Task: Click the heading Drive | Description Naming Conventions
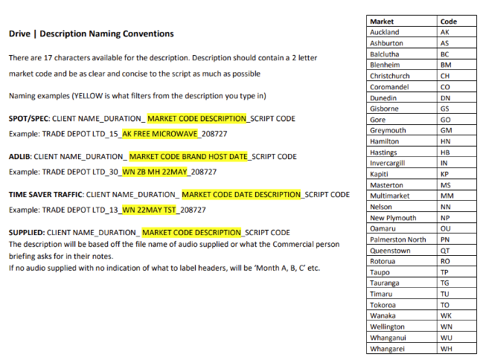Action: pyautogui.click(x=91, y=33)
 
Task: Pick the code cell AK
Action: pyautogui.click(x=445, y=32)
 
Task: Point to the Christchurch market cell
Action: pyautogui.click(x=389, y=76)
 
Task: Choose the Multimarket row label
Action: pyautogui.click(x=388, y=196)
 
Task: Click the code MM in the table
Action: pyautogui.click(x=447, y=196)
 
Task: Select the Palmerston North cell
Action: pyautogui.click(x=397, y=240)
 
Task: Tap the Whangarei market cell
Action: pyautogui.click(x=388, y=348)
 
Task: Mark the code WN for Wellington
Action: pyautogui.click(x=447, y=327)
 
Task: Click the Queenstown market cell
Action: pyautogui.click(x=390, y=251)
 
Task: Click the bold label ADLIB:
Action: pyautogui.click(x=20, y=157)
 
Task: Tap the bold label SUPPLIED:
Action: pyautogui.click(x=27, y=233)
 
